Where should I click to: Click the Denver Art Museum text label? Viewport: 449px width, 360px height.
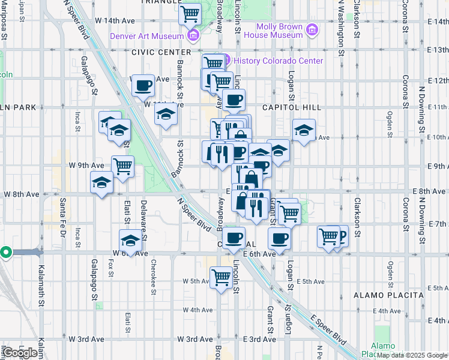pyautogui.click(x=146, y=37)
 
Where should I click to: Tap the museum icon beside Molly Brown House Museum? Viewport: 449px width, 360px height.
pyautogui.click(x=312, y=30)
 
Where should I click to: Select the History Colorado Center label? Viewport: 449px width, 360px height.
pyautogui.click(x=278, y=61)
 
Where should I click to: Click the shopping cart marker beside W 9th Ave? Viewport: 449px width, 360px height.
pyautogui.click(x=122, y=166)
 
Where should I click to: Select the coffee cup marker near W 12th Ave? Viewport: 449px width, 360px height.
pyautogui.click(x=142, y=85)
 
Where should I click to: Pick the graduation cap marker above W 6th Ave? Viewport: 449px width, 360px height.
pyautogui.click(x=130, y=241)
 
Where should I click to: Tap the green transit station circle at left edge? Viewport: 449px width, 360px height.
pyautogui.click(x=5, y=253)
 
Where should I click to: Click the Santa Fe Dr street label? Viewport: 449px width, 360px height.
pyautogui.click(x=62, y=220)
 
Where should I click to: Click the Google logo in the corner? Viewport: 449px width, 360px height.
pyautogui.click(x=20, y=353)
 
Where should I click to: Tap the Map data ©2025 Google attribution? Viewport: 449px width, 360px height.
pyautogui.click(x=412, y=355)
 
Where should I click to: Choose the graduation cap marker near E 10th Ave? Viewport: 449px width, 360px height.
pyautogui.click(x=304, y=130)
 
